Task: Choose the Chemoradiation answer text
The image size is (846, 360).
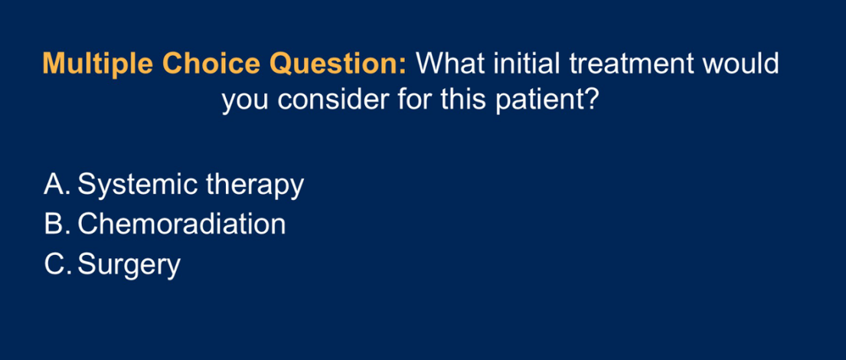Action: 181,224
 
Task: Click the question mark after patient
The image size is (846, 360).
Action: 590,100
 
